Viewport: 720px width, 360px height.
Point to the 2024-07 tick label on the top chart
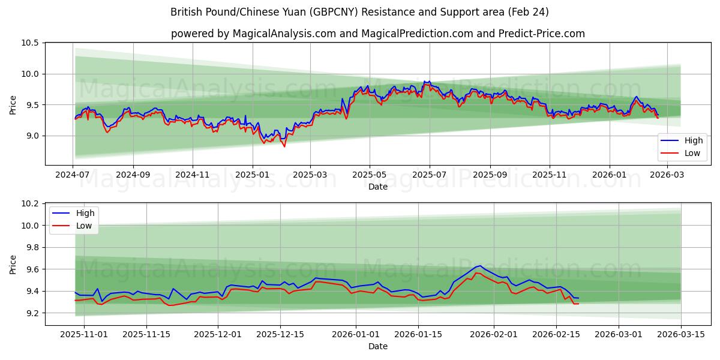click(73, 175)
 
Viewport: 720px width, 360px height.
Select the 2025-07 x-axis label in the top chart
click(430, 175)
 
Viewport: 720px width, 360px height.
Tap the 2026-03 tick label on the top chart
click(667, 175)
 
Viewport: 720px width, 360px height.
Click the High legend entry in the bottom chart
click(85, 214)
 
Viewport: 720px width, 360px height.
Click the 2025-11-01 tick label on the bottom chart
click(84, 334)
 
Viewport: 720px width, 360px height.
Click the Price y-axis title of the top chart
click(13, 104)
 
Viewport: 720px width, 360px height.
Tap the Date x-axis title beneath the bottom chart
click(378, 346)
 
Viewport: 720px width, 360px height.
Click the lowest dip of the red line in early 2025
click(284, 146)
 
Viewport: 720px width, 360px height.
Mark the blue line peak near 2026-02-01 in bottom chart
click(479, 265)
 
